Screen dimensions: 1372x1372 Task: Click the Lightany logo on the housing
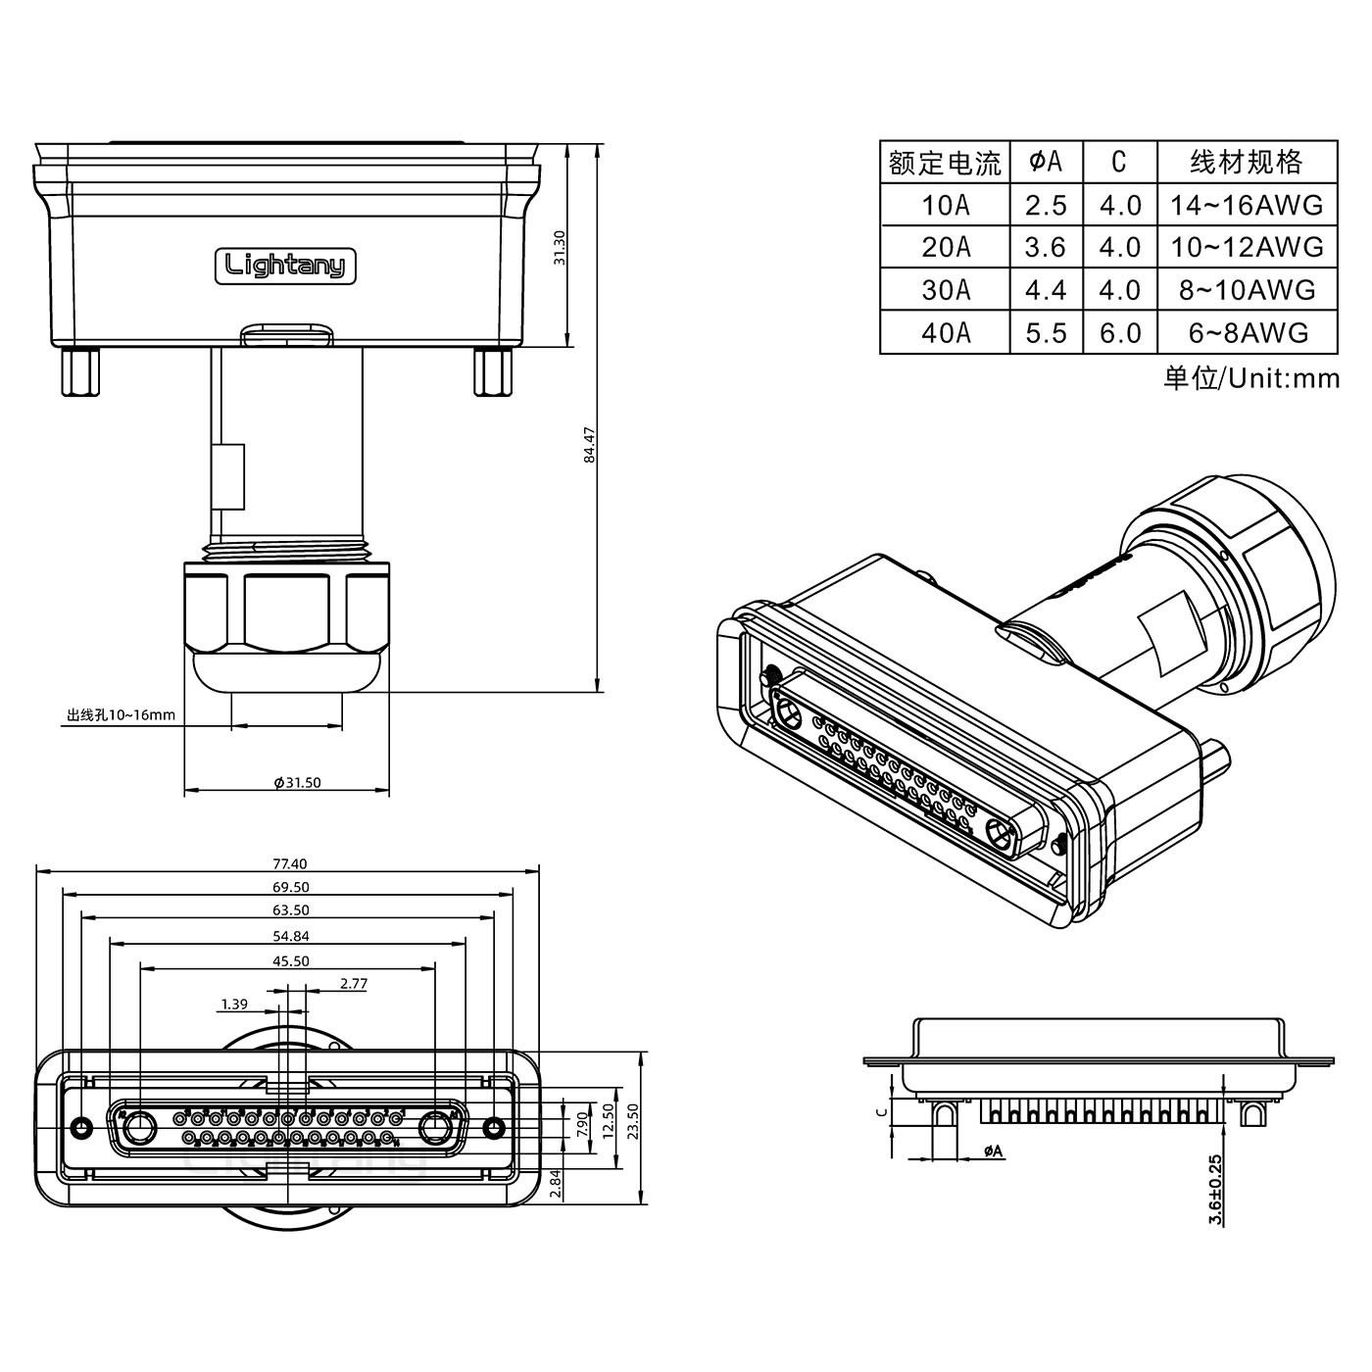(x=286, y=266)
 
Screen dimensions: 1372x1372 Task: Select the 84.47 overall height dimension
(x=589, y=445)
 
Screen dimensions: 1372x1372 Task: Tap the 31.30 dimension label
(x=560, y=248)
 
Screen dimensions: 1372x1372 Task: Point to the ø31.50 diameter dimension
(x=297, y=782)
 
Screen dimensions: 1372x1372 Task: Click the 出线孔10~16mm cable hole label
(x=121, y=714)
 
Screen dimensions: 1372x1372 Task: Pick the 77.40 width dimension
(x=290, y=863)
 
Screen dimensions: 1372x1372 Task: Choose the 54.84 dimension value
(x=290, y=936)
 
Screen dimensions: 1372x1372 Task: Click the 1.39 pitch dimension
(x=234, y=1004)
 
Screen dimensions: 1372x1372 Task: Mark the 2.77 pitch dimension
(x=353, y=983)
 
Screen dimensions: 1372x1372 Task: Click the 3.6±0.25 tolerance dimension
(x=1215, y=1189)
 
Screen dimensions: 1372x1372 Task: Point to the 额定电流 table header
(x=945, y=163)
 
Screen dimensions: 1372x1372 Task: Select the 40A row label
(x=945, y=333)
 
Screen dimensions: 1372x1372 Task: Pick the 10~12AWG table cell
(x=1247, y=247)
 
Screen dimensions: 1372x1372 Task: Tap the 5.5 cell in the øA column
(x=1046, y=333)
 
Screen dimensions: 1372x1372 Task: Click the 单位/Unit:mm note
(x=1250, y=378)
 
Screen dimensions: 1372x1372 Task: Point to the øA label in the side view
(x=993, y=1151)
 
